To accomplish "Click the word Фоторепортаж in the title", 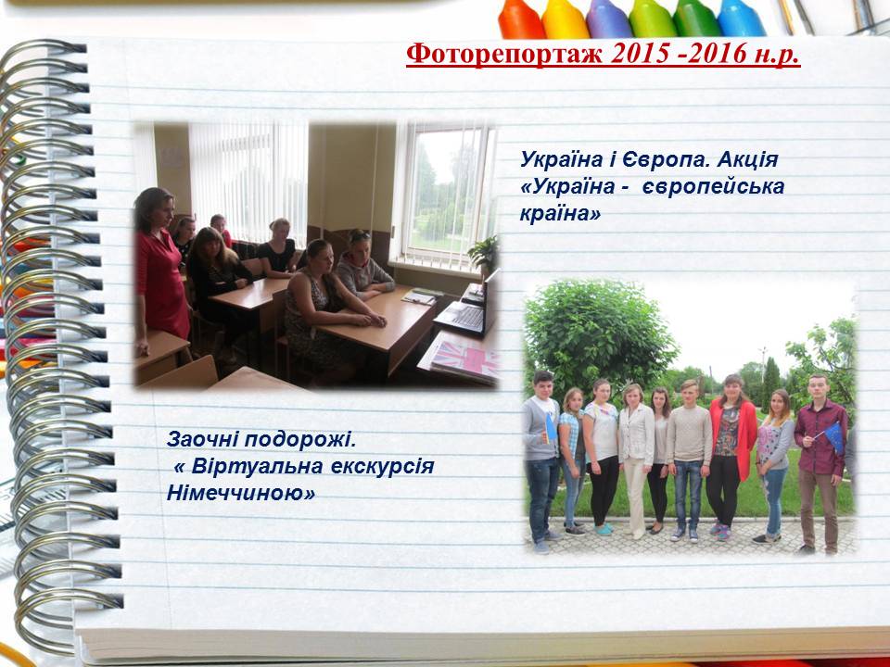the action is (x=505, y=55).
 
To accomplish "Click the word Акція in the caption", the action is (x=748, y=160).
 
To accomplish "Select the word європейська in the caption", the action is (x=714, y=187).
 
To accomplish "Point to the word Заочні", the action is (x=201, y=439).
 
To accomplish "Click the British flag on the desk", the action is (x=467, y=359).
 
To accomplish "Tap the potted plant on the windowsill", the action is (x=484, y=254).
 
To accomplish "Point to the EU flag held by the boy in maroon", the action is (x=834, y=436).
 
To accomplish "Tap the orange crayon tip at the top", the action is (x=520, y=19).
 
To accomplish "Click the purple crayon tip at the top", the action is (x=607, y=19).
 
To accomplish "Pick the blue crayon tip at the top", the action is (x=740, y=19).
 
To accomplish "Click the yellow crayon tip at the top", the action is (x=565, y=19).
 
